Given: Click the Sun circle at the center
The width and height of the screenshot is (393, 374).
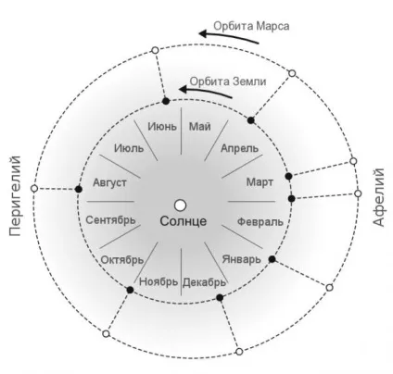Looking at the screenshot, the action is [x=180, y=206].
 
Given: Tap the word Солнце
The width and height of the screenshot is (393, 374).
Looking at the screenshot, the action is [x=184, y=221].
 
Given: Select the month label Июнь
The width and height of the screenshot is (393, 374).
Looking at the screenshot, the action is [x=162, y=127].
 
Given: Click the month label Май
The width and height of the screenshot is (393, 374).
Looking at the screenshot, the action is [x=200, y=127].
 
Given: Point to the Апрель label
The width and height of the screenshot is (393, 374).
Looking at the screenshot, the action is [x=239, y=148].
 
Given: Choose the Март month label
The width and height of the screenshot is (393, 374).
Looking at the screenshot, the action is [x=260, y=182].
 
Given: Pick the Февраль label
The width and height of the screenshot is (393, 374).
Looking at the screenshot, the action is [x=260, y=221].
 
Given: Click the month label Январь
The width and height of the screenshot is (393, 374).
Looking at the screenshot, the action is [x=242, y=259].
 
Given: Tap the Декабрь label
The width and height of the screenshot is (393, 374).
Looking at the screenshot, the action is [x=204, y=282].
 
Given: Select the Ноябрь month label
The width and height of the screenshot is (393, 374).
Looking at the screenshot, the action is [x=158, y=281].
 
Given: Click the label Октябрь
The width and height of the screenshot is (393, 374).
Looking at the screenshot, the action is [x=122, y=260].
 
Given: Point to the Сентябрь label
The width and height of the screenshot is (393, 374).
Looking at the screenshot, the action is [x=110, y=220].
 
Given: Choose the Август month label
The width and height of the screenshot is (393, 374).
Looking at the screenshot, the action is [x=109, y=182].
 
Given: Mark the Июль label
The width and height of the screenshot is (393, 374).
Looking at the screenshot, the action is [x=129, y=148].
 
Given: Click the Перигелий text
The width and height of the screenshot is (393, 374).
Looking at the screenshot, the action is [x=15, y=196].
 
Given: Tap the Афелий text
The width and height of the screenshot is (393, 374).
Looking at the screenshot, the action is [x=378, y=197].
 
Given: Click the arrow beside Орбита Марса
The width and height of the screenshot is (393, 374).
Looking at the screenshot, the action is [x=229, y=36].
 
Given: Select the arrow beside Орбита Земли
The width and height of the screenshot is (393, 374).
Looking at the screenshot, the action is [x=206, y=93].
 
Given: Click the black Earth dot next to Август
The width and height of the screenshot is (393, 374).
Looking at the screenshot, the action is [x=79, y=189].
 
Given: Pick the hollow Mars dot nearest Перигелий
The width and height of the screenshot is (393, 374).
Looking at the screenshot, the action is [x=34, y=188].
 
